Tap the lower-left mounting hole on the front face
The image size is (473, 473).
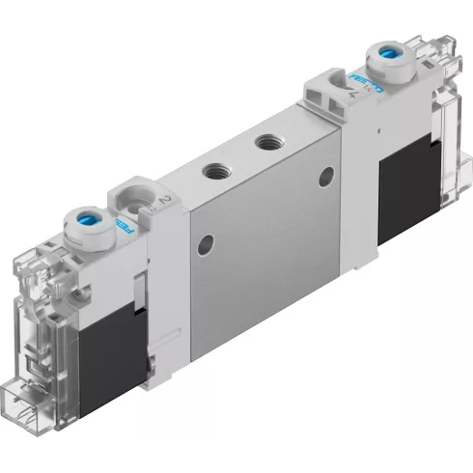[x=203, y=240]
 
